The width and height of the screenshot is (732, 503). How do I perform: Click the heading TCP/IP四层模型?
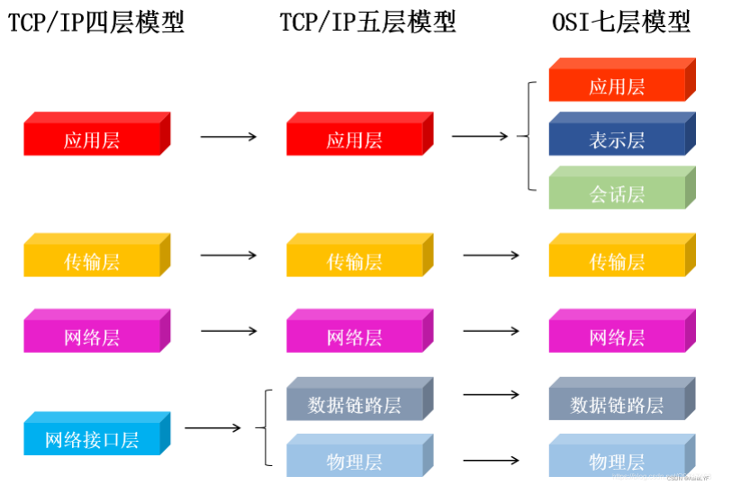95,22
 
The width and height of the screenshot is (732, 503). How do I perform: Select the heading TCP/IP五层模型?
367,22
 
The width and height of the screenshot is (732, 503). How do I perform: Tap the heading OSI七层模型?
620,22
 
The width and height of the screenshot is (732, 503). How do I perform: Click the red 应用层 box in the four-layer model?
92,139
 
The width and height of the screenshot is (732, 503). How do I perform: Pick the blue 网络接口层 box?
92,439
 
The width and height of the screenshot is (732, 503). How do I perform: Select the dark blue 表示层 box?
618,139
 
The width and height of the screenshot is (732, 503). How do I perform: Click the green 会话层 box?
618,193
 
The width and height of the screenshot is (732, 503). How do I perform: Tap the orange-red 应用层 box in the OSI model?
618,85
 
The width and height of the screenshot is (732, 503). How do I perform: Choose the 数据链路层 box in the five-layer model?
355,404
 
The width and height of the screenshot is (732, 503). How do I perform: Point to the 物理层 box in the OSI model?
618,461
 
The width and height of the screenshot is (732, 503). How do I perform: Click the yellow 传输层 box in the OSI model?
618,261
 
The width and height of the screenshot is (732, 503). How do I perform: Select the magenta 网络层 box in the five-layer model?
355,337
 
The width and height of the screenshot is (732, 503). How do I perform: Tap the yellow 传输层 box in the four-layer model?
92,261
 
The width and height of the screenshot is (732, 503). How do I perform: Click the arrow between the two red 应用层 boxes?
228,137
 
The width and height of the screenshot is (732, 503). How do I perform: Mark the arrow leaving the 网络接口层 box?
212,429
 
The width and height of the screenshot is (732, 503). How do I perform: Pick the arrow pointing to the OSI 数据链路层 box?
491,394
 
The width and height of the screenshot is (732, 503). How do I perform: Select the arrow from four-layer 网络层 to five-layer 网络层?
228,330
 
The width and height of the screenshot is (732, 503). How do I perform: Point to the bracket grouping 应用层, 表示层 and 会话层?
526,136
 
